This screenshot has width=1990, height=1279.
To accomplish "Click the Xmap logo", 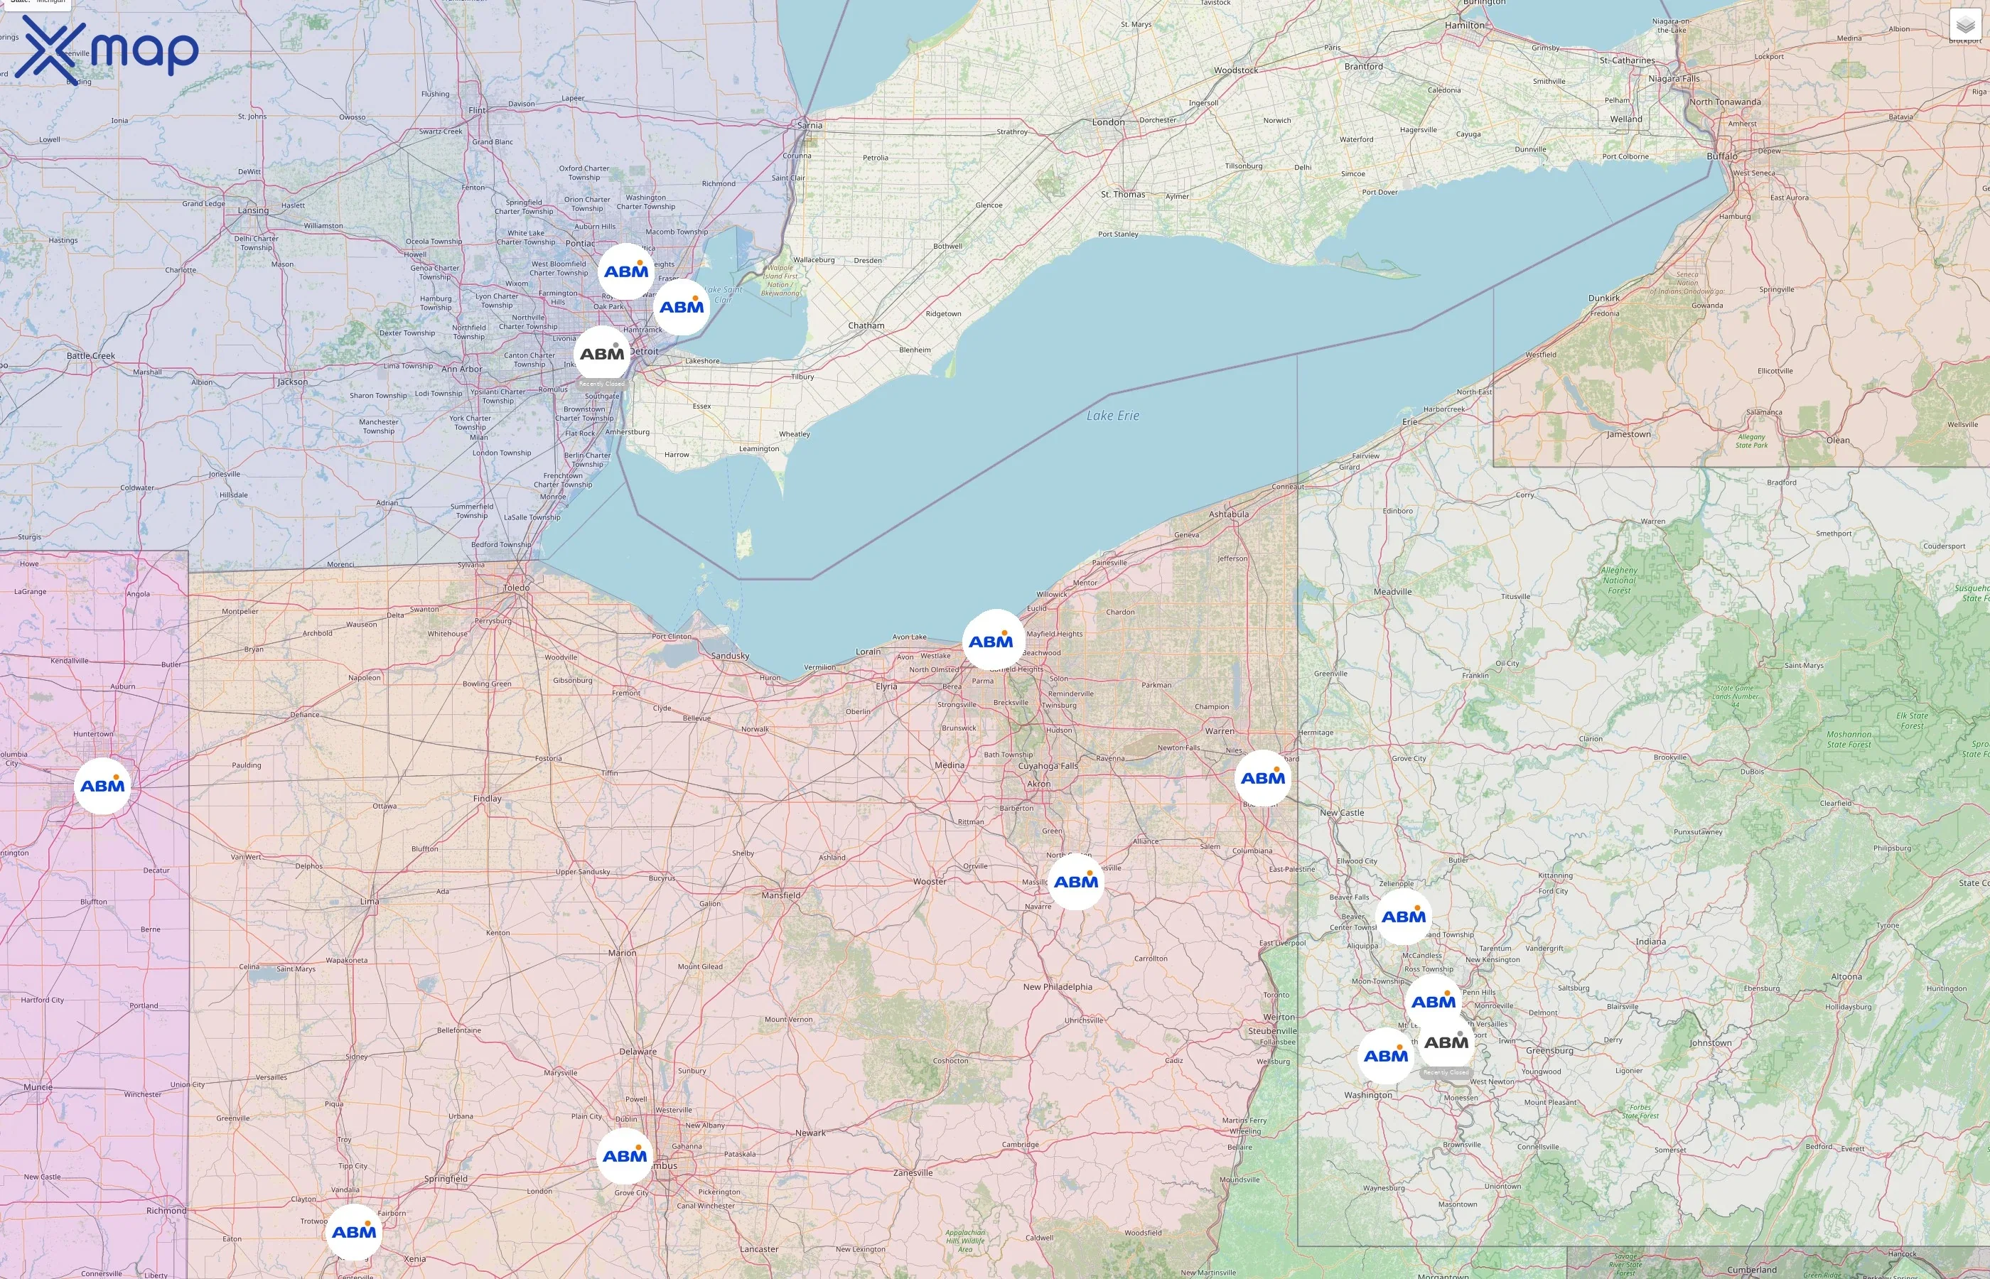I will coord(107,49).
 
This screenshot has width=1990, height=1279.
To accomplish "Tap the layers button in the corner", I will coord(1965,25).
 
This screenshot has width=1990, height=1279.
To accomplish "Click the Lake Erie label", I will coord(1112,415).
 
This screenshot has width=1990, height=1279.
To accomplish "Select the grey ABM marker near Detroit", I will coord(602,354).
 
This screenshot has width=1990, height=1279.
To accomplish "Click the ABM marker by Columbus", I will coord(625,1156).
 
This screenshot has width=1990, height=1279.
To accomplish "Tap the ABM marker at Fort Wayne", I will coord(102,786).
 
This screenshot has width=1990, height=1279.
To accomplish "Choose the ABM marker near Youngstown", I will coord(1262,778).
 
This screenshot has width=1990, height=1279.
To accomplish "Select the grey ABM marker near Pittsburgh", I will coord(1446,1042).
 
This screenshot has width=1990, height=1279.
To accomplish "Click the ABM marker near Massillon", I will coord(1075,882).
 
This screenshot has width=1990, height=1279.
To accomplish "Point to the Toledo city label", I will coord(516,587).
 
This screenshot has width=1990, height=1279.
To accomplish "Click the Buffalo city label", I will coord(1722,156).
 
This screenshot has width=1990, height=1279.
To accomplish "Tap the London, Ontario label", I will coord(1108,122).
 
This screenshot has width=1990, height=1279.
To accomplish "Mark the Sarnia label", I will coord(810,125).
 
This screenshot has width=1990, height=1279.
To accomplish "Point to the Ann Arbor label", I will coord(461,369).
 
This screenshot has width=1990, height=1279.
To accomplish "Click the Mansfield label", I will coord(780,895).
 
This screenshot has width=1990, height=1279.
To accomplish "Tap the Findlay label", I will coord(488,799).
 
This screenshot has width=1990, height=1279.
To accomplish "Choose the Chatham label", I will coord(866,325).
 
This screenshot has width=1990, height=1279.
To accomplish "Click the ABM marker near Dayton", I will coord(354,1231).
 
